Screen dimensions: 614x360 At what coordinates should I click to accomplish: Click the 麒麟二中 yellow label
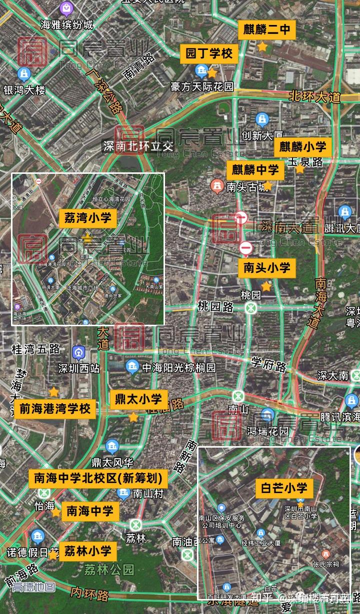pos(266,29)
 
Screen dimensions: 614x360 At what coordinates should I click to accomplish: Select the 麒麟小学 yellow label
pos(302,147)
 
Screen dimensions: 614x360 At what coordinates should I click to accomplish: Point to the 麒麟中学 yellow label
pos(255,170)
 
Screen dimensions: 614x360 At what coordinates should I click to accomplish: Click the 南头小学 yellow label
pos(266,268)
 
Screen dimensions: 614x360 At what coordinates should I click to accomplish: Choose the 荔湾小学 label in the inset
pos(88,218)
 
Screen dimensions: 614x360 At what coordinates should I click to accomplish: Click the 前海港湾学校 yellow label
pos(55,409)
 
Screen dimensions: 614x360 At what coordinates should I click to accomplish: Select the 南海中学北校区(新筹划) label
pos(97,479)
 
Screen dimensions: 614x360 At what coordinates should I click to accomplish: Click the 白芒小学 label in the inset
pos(284,488)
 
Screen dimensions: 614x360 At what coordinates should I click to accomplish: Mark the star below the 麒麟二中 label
pos(262,47)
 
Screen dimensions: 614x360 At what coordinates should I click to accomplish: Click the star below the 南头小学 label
pos(266,287)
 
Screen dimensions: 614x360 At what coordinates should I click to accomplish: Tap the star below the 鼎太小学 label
pos(133,417)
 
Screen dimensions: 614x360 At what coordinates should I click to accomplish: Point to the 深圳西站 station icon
pos(78,353)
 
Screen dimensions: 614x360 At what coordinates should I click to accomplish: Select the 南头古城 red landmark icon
pos(216,186)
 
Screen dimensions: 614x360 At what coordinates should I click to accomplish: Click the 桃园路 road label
pos(215,306)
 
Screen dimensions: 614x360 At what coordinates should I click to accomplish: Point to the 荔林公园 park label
pos(109,569)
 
